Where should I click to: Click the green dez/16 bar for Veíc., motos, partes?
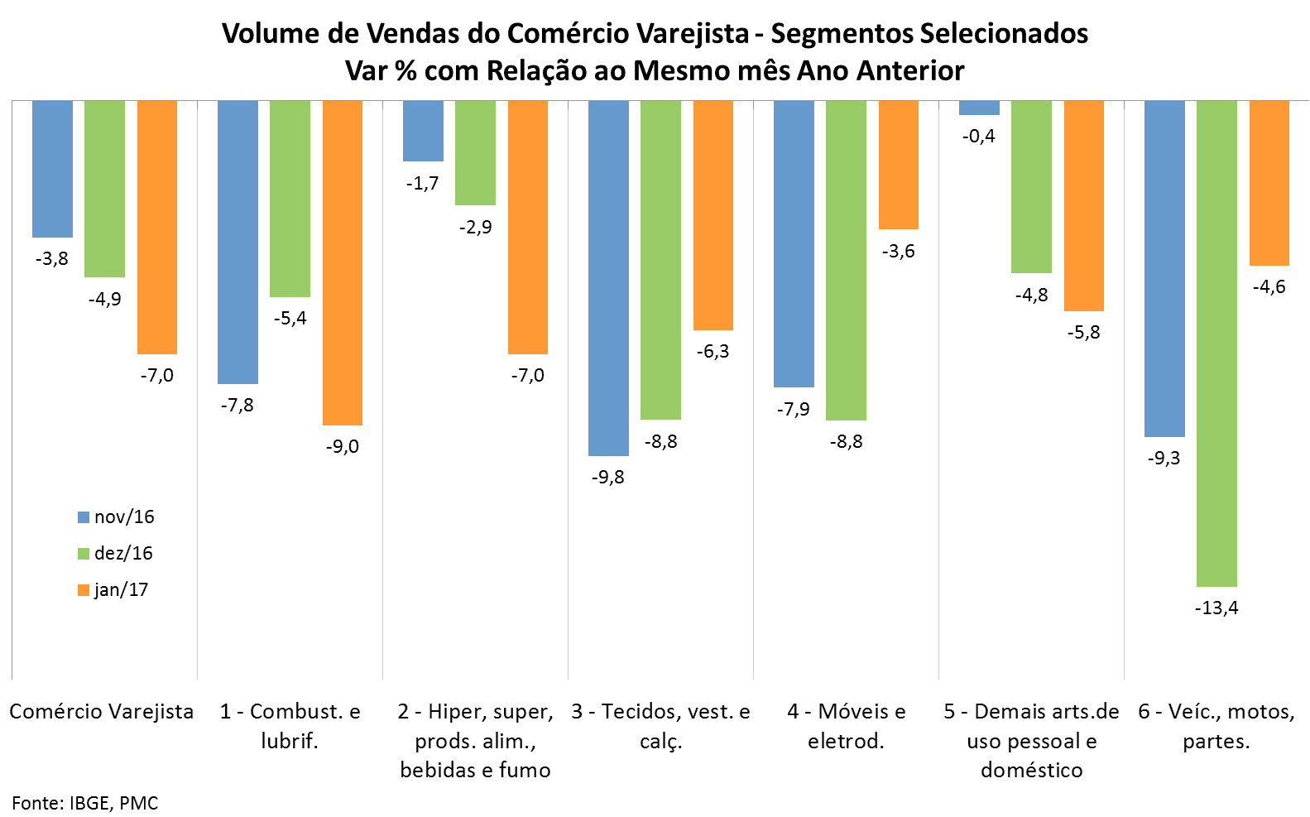point(1216,344)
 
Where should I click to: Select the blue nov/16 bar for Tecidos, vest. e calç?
point(608,278)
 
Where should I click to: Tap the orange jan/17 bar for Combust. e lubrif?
point(343,262)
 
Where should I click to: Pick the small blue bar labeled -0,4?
point(979,108)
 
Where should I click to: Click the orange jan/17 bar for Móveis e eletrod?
point(899,165)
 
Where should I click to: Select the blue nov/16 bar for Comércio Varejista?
point(52,169)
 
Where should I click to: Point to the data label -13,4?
point(1216,608)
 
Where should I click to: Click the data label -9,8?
point(608,478)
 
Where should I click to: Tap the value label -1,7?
point(423,184)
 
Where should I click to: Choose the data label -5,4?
point(290,319)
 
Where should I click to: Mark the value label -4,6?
point(1269,287)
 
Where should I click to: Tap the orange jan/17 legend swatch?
point(83,590)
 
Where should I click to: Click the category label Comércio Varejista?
point(101,712)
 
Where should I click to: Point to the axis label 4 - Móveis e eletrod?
point(846,726)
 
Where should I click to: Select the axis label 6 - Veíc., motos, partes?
point(1216,726)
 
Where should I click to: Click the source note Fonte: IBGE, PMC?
point(84,803)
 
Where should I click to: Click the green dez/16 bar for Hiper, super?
point(475,153)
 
